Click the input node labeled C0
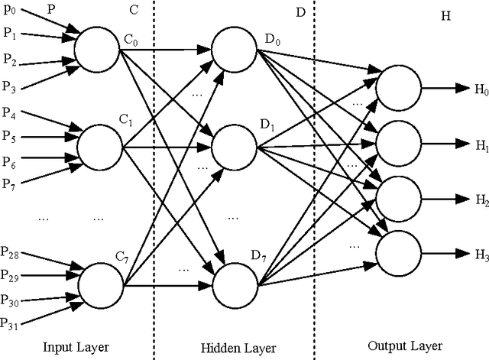[97, 49]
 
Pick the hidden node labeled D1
[235, 143]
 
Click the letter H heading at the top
[446, 16]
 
